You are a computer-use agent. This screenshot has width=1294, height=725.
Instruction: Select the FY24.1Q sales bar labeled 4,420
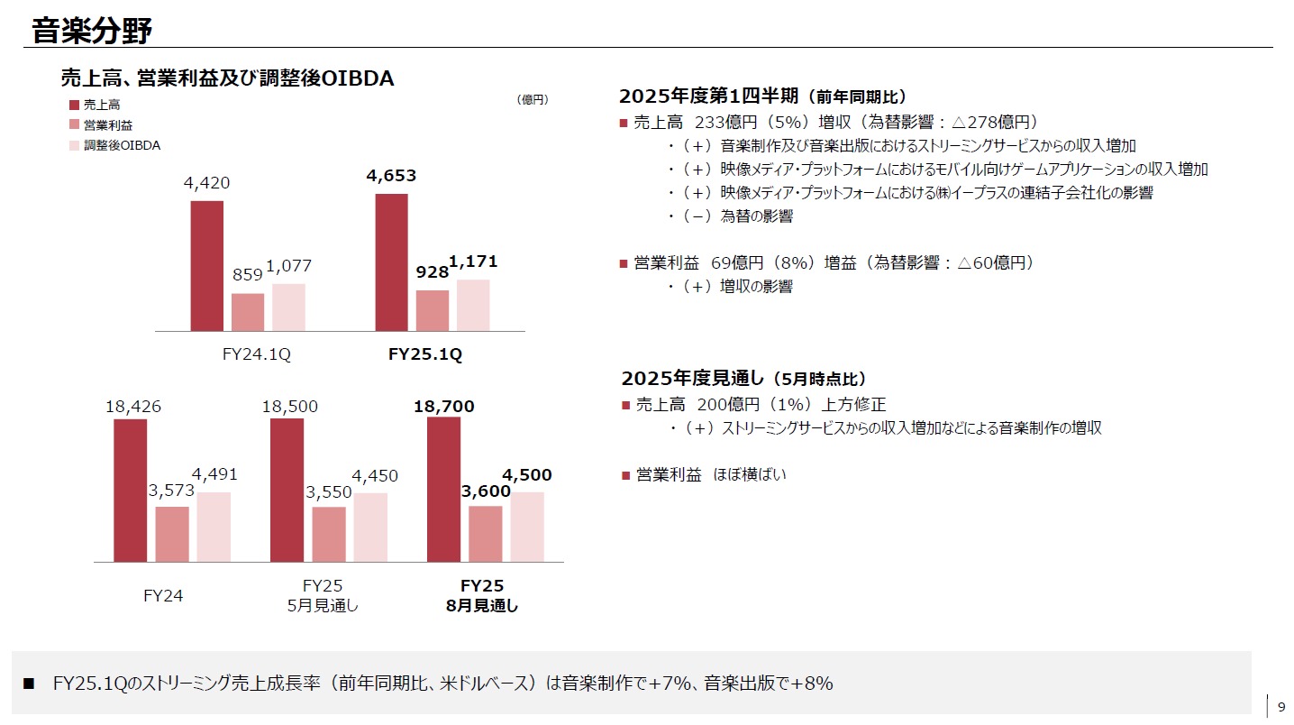(207, 265)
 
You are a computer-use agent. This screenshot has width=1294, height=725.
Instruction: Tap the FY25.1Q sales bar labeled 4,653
(391, 262)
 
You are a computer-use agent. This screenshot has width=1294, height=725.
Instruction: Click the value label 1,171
(473, 262)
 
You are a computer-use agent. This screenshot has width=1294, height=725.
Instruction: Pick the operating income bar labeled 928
(433, 310)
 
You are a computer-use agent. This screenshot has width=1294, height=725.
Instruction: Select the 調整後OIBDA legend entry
(121, 145)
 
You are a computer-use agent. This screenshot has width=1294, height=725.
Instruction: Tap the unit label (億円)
(533, 99)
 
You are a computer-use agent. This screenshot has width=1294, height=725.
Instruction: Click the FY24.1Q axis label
(256, 354)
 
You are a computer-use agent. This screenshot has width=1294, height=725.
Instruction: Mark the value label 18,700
(443, 407)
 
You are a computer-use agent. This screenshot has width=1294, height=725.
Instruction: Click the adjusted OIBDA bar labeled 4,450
(370, 527)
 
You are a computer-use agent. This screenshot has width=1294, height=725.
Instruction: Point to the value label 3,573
(171, 492)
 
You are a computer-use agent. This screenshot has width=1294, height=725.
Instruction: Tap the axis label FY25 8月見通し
(481, 595)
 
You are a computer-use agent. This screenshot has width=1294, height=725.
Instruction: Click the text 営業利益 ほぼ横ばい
(710, 474)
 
